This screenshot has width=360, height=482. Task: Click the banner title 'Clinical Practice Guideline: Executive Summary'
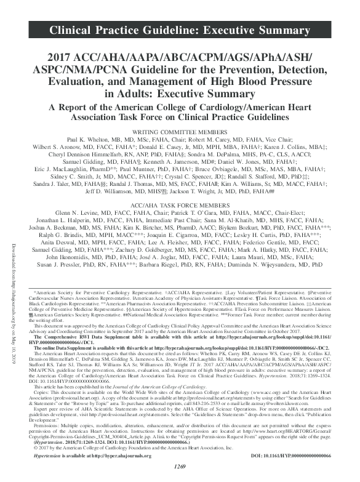point(179,29)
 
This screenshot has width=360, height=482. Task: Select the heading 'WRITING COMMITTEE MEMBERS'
point(180,131)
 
